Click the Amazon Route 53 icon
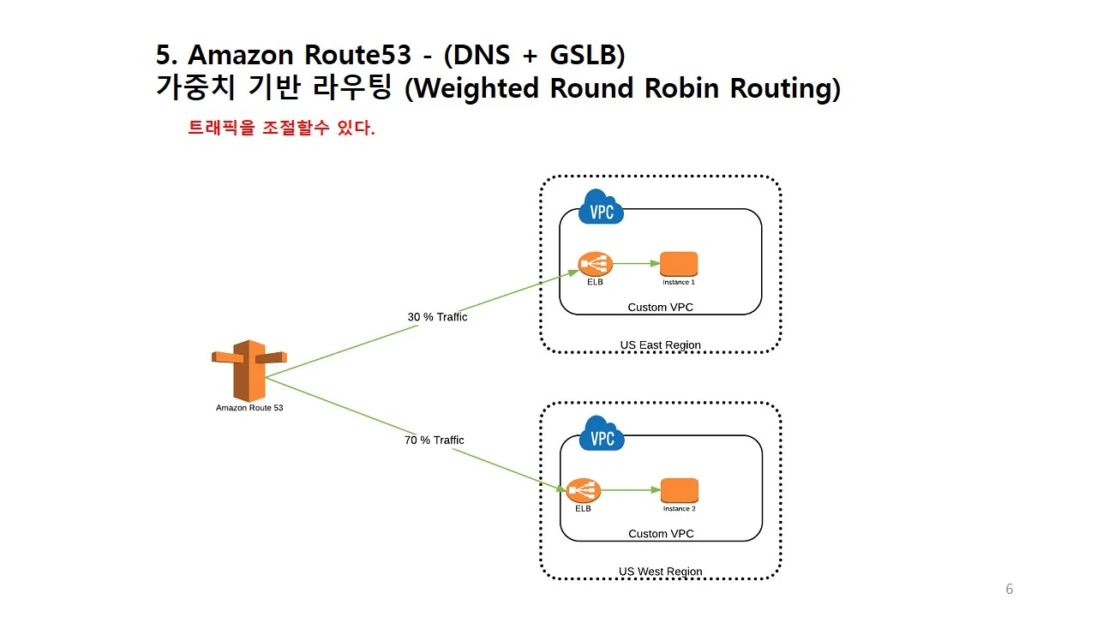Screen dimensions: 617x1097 point(249,370)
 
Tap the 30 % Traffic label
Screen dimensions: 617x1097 point(437,317)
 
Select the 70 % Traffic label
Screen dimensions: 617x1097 point(435,440)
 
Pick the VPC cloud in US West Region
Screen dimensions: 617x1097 point(602,436)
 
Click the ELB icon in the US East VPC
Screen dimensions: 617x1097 point(595,264)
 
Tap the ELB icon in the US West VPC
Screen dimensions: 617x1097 point(584,491)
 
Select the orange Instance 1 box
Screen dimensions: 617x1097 point(679,263)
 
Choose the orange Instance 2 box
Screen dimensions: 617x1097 point(680,490)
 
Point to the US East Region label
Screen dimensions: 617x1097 point(660,345)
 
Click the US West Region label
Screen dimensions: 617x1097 point(660,572)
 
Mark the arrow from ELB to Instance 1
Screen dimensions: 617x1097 point(637,264)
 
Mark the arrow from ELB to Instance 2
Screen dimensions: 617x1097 point(631,491)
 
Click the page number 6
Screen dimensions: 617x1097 point(1009,589)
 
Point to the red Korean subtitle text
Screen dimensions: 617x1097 point(281,129)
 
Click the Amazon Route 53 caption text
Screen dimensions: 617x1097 point(249,408)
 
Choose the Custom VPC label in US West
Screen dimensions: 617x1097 point(661,534)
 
